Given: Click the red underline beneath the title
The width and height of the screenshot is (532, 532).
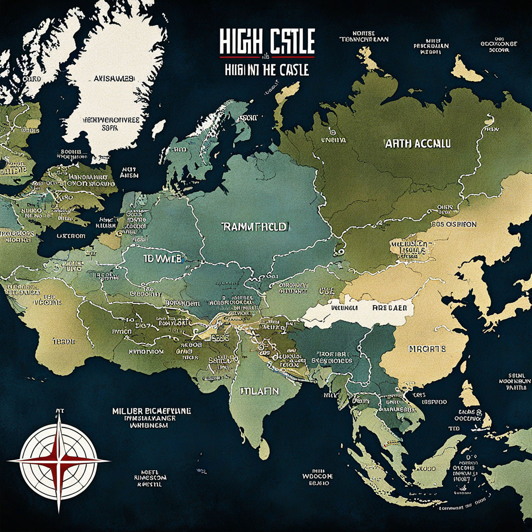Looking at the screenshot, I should (267, 56).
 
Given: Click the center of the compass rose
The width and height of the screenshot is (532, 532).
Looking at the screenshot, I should (59, 461).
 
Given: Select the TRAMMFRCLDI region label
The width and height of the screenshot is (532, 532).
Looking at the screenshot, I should (255, 227).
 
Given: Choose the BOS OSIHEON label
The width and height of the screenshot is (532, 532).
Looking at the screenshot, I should (454, 224).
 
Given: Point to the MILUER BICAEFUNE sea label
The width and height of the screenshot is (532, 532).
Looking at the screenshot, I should (151, 411).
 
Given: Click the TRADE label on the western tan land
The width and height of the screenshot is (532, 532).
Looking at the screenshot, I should (64, 342).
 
